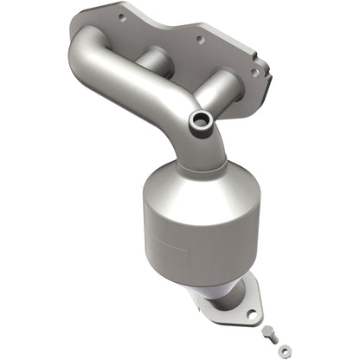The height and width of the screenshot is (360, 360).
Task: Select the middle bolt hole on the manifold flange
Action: [200, 39]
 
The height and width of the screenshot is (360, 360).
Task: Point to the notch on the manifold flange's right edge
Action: [265, 74]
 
